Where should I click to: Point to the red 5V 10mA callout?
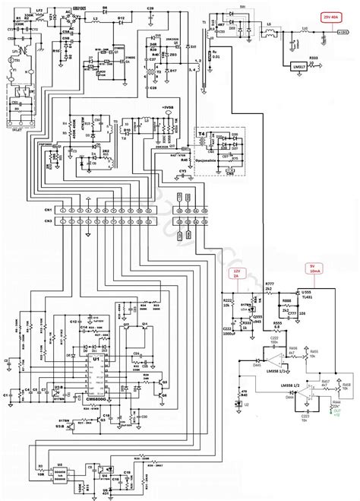(312, 267)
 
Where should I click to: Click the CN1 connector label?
(48, 209)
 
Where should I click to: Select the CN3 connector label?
(48, 220)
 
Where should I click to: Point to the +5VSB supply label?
(166, 109)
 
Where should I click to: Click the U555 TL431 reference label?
(308, 293)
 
